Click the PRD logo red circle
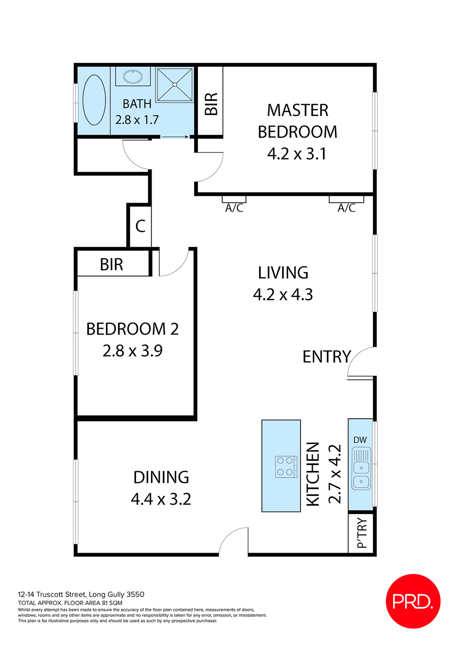point(413,601)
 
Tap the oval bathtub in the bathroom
point(94,101)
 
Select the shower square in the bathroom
point(175,85)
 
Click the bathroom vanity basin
point(133,76)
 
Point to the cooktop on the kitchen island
point(286,467)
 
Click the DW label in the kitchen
point(360,440)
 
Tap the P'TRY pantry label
point(362,533)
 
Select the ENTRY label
point(327,357)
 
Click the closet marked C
point(140,226)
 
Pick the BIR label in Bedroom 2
point(111,265)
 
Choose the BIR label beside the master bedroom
point(211,104)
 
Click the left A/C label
point(234,208)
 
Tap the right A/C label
point(347,208)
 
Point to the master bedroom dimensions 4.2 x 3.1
point(297,154)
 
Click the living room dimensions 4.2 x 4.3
point(283,294)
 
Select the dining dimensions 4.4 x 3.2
point(161,499)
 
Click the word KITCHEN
point(313,474)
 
